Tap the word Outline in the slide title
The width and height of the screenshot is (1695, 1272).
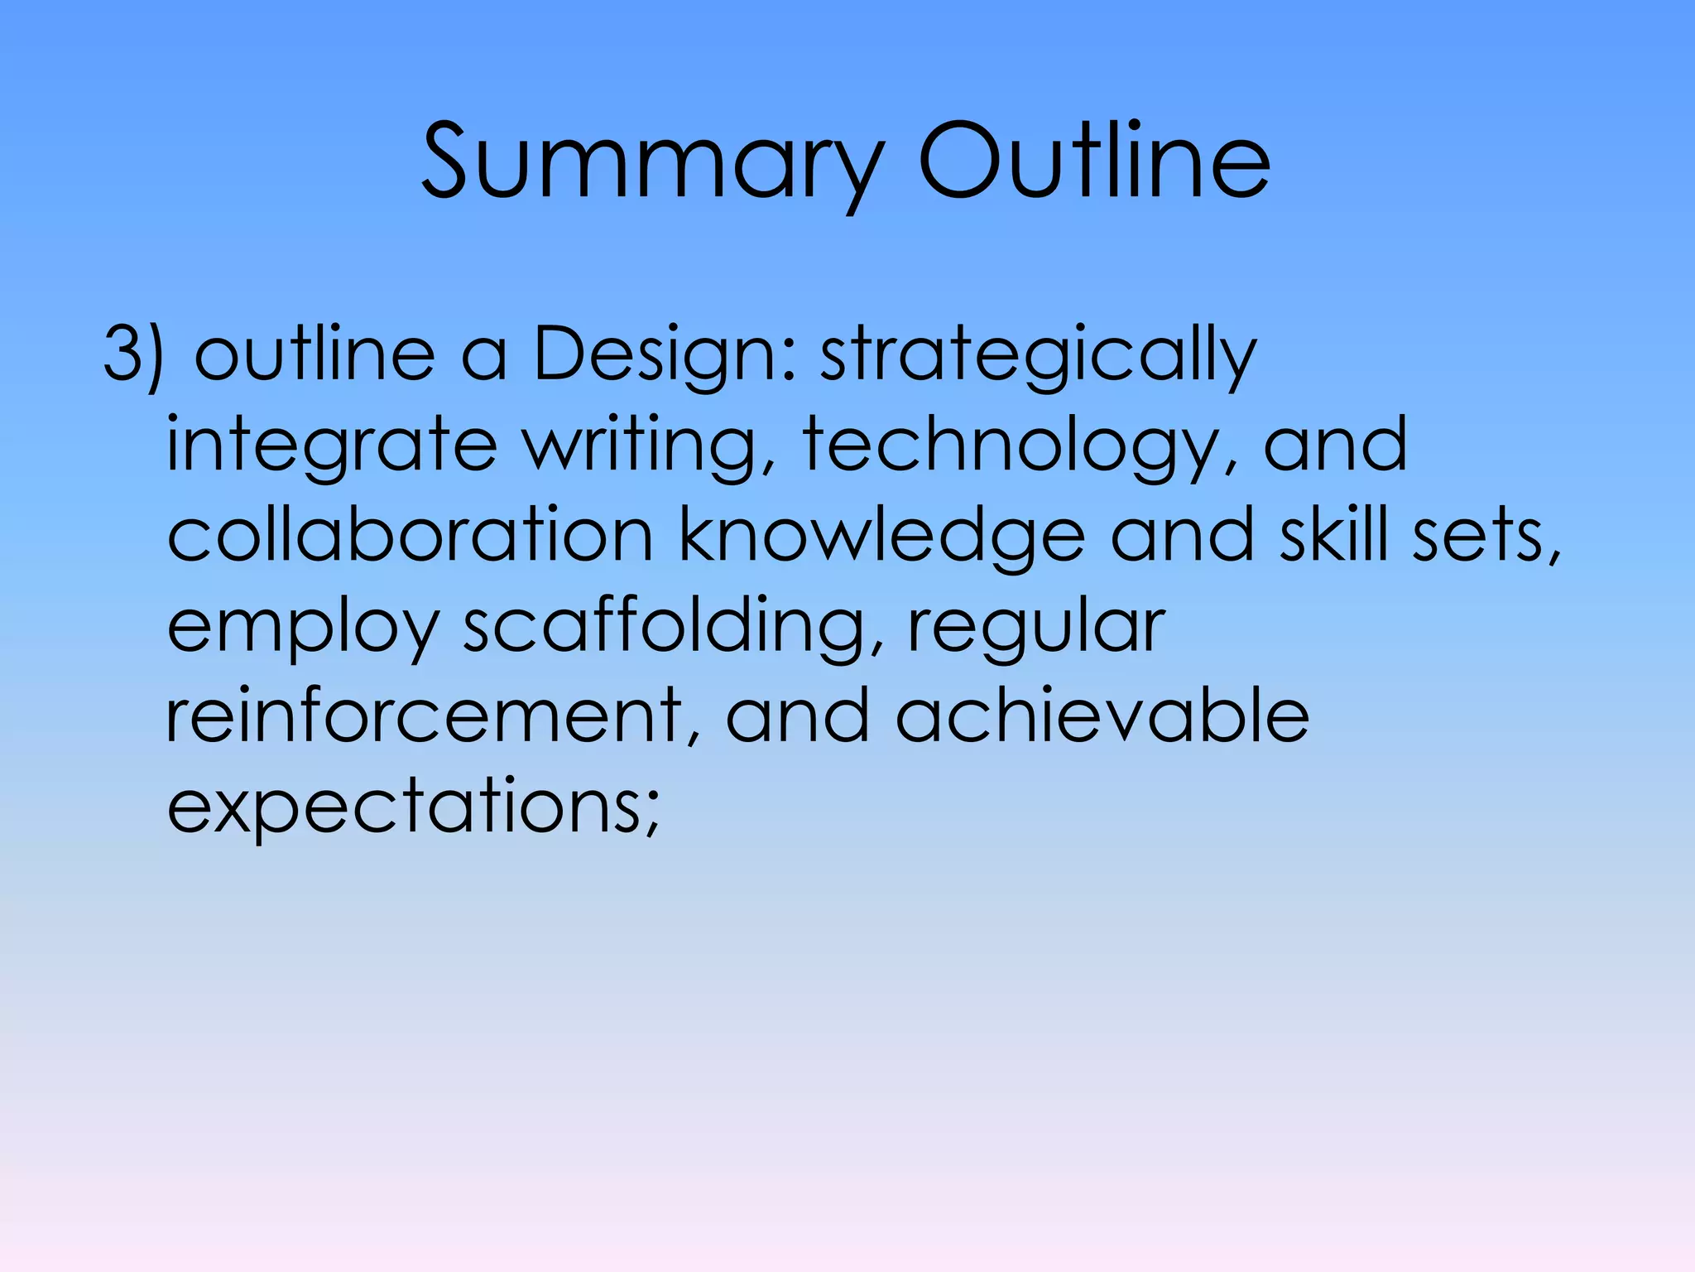coord(1093,161)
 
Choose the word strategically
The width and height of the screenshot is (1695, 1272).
coord(1038,356)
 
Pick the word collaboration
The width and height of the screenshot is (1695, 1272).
coord(411,537)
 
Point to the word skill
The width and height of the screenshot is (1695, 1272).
coord(1333,537)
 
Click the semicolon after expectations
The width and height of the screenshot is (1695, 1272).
coord(651,815)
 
